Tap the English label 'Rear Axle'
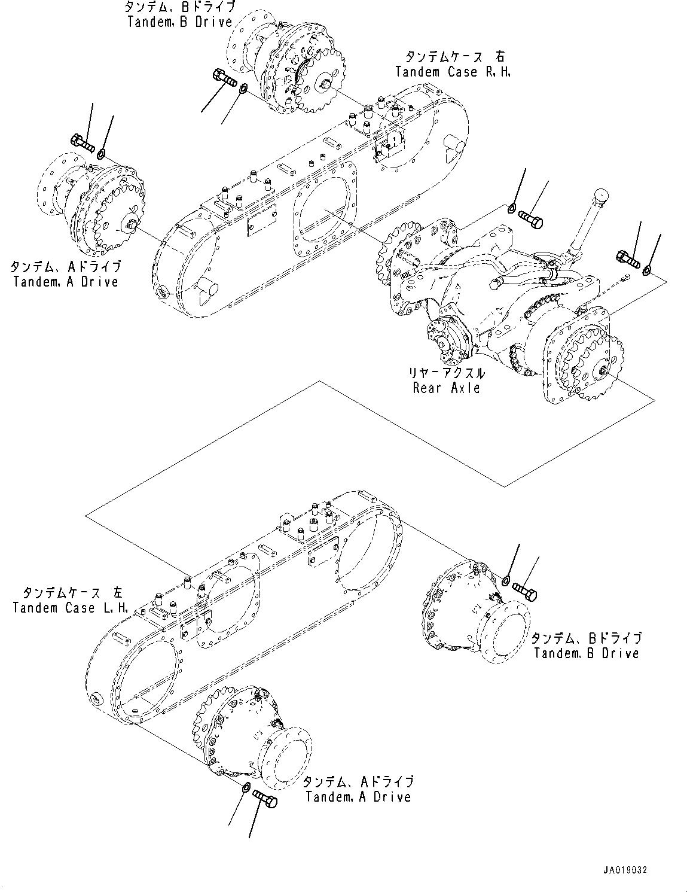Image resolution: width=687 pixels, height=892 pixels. pos(446,388)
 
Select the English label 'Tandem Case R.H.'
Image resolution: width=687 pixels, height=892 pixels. pos(454,72)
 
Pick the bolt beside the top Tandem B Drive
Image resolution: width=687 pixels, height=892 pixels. pos(224,79)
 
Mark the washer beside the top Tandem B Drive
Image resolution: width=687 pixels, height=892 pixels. pos(243,89)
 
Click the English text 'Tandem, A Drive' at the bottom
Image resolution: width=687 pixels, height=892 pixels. pos(358,796)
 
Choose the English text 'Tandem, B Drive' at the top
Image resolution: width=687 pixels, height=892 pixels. pos(179,22)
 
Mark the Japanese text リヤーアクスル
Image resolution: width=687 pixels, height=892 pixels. pos(446,373)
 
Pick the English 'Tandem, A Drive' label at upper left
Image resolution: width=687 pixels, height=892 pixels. pos(66,281)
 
